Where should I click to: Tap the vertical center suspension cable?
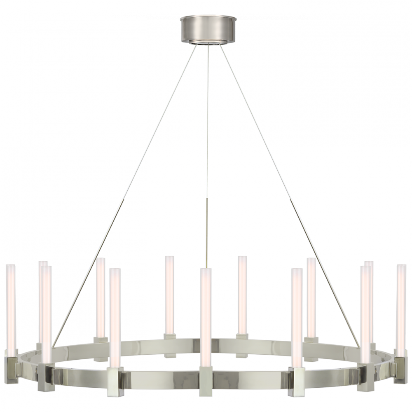(208, 165)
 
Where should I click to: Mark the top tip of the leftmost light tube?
(11, 267)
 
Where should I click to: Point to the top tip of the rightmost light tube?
(400, 267)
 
